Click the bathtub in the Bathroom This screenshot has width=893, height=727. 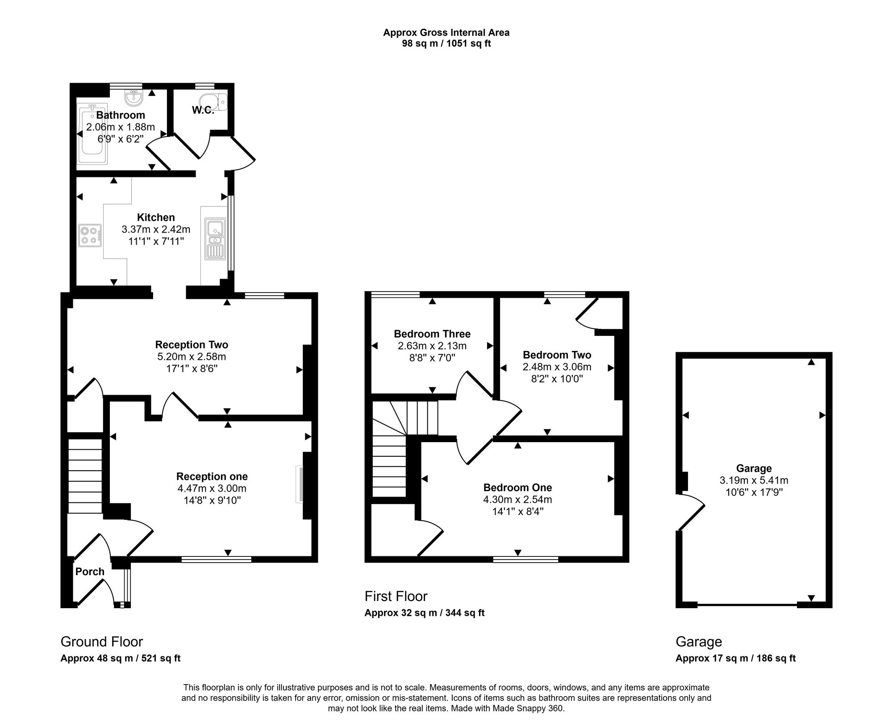pyautogui.click(x=92, y=134)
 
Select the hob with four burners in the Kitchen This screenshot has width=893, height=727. pyautogui.click(x=90, y=235)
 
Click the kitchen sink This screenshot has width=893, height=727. pyautogui.click(x=216, y=239)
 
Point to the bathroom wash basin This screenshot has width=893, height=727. pyautogui.click(x=133, y=98)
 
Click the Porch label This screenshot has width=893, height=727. pyautogui.click(x=90, y=572)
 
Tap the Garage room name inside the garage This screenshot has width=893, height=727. pyautogui.click(x=754, y=468)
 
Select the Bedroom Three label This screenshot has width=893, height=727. pyautogui.click(x=432, y=334)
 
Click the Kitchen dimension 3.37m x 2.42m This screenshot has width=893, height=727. pyautogui.click(x=156, y=230)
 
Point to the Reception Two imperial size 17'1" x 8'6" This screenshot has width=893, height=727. pyautogui.click(x=192, y=369)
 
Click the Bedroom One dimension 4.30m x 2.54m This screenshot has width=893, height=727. pyautogui.click(x=517, y=500)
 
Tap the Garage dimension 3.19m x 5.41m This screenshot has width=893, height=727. pyautogui.click(x=754, y=480)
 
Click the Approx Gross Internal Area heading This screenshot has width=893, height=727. pyautogui.click(x=446, y=33)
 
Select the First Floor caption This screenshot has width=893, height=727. pyautogui.click(x=396, y=596)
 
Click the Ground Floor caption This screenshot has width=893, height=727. pyautogui.click(x=102, y=642)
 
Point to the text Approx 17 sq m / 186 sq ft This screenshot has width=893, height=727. pyautogui.click(x=735, y=658)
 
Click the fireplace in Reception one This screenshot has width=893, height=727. pyautogui.click(x=299, y=485)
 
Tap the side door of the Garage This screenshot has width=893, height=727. pyautogui.click(x=690, y=512)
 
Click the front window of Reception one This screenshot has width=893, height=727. pyautogui.click(x=216, y=559)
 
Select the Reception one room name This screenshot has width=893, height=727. pyautogui.click(x=212, y=476)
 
